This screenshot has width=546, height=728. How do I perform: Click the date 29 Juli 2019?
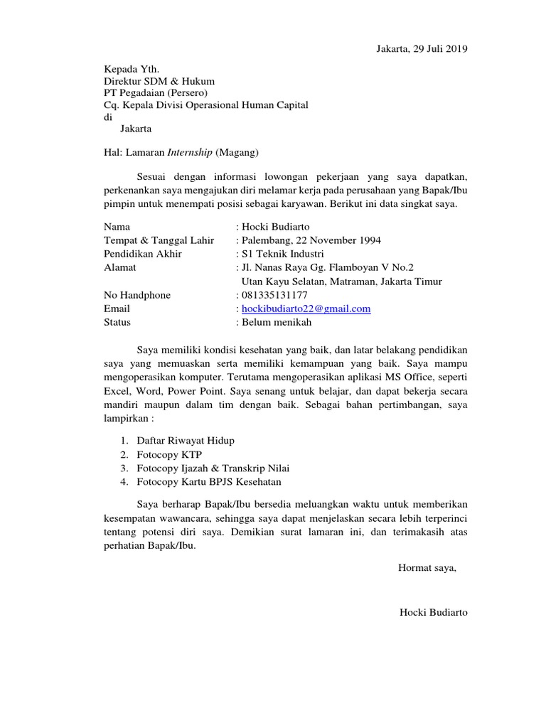point(440,48)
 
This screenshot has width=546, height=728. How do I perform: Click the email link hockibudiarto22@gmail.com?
point(306,309)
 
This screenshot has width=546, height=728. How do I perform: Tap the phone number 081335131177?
point(275,295)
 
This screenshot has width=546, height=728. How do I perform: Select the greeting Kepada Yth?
point(127,68)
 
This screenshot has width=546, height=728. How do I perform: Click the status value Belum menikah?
point(277,322)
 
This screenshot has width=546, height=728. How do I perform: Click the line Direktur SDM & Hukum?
point(159,81)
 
